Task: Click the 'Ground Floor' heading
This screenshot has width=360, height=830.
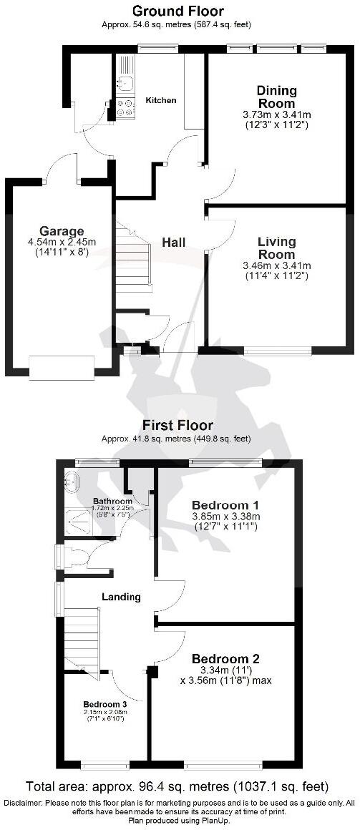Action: point(178,11)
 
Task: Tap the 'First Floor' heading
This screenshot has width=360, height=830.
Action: point(178,425)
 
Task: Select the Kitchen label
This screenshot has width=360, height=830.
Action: point(161,100)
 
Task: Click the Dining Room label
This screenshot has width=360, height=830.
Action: point(276,97)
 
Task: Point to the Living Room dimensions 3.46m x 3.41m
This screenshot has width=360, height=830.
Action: point(276,265)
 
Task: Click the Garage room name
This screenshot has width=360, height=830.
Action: point(61,231)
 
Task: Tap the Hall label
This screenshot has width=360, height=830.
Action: point(173,243)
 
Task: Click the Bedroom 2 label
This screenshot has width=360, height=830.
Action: point(225,658)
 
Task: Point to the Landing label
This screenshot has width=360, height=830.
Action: point(121,597)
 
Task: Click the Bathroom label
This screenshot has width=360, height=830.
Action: point(112,501)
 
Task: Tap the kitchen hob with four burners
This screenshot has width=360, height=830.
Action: point(125,107)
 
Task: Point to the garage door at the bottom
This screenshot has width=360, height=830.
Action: point(61,367)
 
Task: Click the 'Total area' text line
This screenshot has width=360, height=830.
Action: point(177,786)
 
